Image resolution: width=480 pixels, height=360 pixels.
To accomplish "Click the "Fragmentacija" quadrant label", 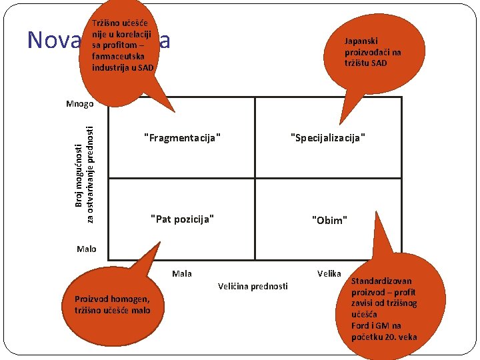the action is (x=182, y=138).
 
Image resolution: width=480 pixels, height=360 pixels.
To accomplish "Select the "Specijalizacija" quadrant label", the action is (x=329, y=138).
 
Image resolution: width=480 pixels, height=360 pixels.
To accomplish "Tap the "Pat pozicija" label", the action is (x=182, y=219).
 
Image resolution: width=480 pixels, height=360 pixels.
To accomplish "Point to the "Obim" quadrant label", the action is (x=329, y=220).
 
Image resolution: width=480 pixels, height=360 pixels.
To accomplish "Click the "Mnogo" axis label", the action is (x=80, y=103).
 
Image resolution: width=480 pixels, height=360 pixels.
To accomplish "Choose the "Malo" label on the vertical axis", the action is (x=86, y=249).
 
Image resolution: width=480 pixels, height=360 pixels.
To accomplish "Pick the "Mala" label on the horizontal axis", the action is (x=182, y=273).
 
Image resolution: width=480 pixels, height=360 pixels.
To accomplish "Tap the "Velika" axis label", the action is (x=329, y=273).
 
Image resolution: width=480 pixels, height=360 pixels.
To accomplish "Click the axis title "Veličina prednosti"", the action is (x=253, y=286).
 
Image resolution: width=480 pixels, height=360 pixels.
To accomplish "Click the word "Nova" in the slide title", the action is (x=52, y=41).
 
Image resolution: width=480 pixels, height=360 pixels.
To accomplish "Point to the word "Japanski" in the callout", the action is (x=361, y=41).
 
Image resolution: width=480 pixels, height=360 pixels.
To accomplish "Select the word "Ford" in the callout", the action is (x=361, y=325).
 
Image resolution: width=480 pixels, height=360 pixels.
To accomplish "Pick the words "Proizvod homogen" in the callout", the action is (x=112, y=299).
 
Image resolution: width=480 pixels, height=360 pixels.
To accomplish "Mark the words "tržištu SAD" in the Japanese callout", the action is (x=365, y=63).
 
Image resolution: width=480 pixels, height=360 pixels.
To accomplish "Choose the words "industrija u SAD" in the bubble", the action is (x=123, y=67).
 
